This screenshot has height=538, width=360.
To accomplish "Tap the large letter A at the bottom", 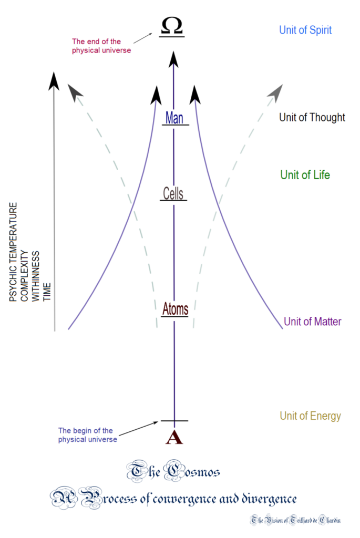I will coord(174,437).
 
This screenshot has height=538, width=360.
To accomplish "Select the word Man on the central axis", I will coord(174,118).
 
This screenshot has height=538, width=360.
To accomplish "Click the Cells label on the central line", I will coord(173,193).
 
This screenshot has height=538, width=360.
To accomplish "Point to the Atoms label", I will coord(174,309).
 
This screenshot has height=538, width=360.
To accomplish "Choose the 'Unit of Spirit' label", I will coord(305,30).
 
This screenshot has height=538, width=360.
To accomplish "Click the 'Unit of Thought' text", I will coord(312,117).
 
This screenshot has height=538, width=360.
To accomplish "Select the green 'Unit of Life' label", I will coord(305,175).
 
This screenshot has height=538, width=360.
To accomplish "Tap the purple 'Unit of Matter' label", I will coord(313,321).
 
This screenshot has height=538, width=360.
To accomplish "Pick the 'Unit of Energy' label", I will coord(310,416).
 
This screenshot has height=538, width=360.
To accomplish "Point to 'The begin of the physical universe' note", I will coord(88,435).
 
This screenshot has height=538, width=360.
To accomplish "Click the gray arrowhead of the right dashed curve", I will coord(275,93).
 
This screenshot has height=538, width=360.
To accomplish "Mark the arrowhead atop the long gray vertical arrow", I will coord(53,81).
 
